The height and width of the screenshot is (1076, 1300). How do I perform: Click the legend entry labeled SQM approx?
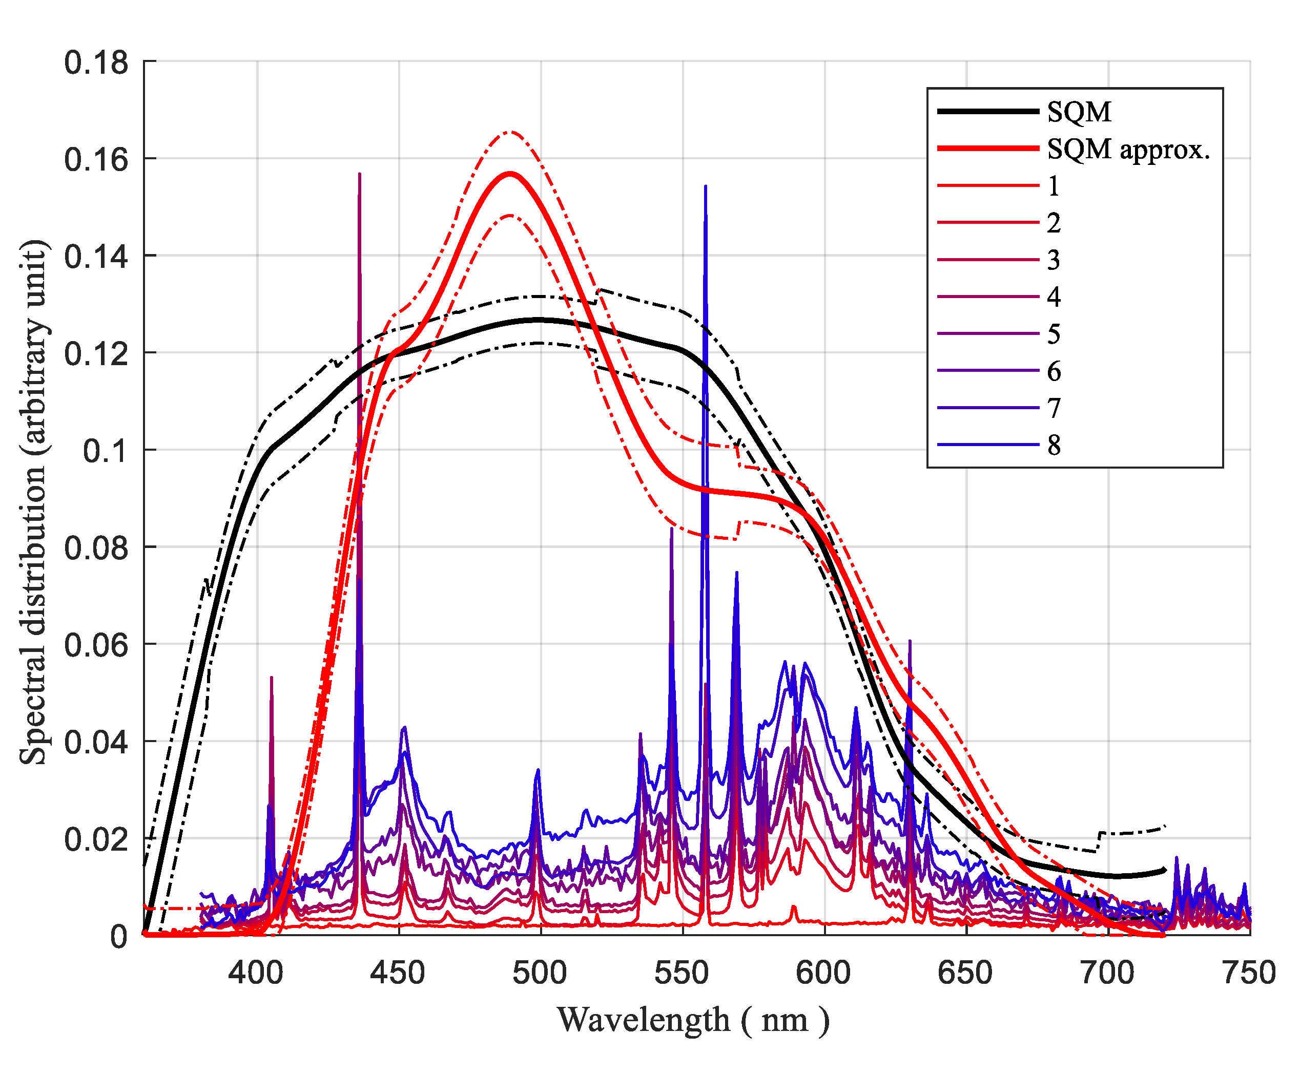(1128, 149)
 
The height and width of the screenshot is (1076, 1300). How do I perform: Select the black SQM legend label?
(1079, 112)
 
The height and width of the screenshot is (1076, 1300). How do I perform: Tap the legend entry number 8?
(1054, 445)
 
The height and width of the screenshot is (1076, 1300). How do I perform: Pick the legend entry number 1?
(1054, 185)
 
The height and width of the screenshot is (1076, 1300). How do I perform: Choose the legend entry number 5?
(1054, 334)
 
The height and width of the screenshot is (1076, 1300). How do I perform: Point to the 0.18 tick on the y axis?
(96, 63)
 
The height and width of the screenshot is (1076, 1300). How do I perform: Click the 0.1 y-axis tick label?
(105, 451)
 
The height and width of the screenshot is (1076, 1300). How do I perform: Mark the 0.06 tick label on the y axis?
(96, 645)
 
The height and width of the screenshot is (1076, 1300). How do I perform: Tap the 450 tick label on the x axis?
(398, 973)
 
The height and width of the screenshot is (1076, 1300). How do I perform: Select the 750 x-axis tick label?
(1249, 973)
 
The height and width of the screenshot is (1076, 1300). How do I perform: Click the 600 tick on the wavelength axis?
(823, 973)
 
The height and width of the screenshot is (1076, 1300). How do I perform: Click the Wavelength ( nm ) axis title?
(693, 1020)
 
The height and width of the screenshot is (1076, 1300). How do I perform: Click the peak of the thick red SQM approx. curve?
(510, 173)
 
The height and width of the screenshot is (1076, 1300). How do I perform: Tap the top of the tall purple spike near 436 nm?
(360, 175)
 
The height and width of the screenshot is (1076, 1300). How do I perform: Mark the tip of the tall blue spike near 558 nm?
(705, 185)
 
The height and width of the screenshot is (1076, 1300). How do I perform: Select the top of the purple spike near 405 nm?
(271, 678)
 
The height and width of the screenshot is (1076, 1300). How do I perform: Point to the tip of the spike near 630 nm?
(910, 641)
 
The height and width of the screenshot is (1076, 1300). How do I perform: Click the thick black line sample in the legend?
(987, 111)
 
